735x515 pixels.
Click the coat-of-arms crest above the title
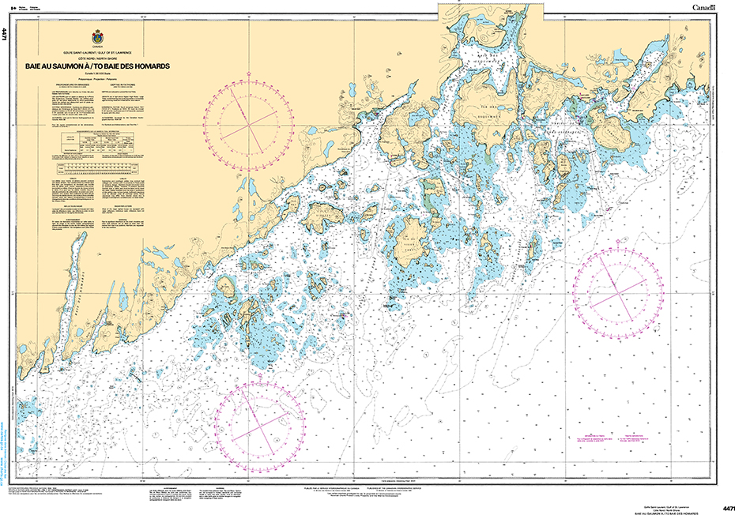pos(97,37)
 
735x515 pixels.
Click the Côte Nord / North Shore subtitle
pos(97,59)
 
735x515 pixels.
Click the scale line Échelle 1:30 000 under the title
pos(97,74)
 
